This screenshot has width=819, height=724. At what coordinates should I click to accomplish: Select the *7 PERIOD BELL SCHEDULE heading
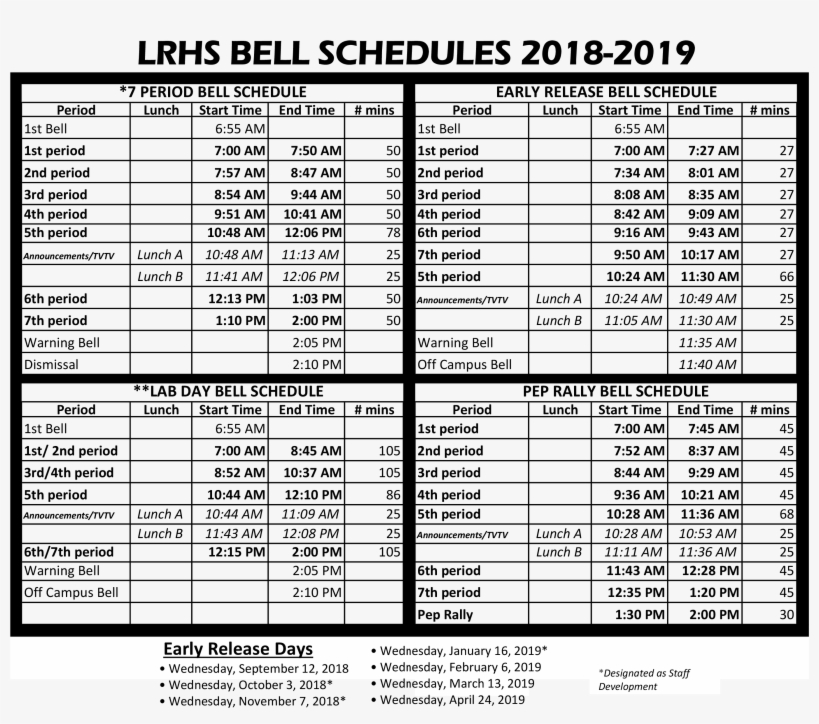point(213,91)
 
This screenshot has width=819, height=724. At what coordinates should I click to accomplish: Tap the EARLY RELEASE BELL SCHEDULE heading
point(606,91)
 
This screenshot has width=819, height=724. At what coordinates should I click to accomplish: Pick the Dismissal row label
point(51,365)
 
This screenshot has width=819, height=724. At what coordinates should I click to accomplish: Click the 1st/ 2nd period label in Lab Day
point(70,451)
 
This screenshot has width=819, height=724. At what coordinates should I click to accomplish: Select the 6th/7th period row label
point(68,552)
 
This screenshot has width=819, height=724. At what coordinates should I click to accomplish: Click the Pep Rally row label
point(445,615)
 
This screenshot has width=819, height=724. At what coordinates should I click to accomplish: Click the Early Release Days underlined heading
point(238,648)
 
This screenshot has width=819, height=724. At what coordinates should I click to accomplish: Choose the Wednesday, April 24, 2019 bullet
point(452,699)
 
